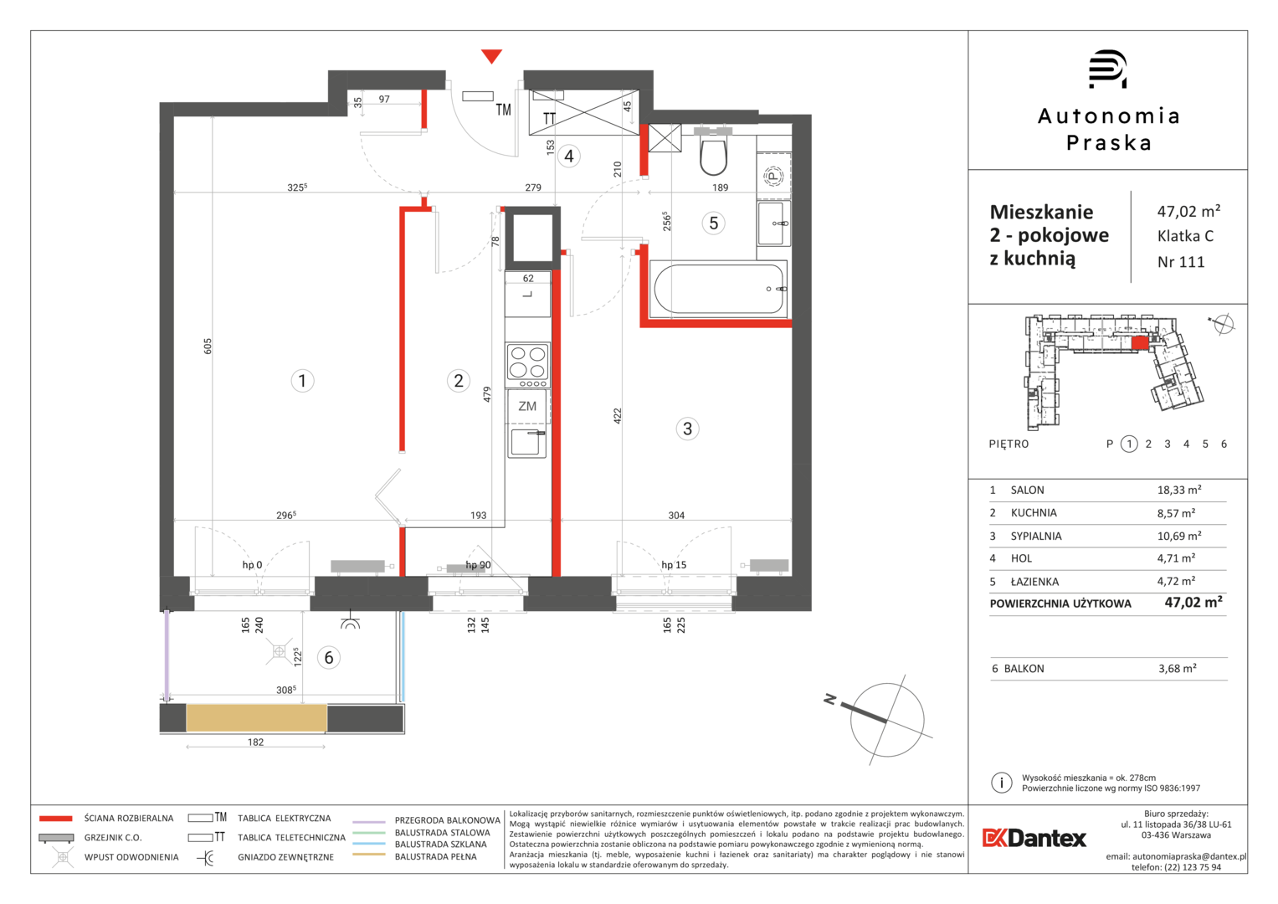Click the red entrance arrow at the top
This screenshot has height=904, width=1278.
(491, 55)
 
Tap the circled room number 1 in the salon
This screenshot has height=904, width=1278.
(302, 381)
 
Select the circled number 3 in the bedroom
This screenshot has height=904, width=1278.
(687, 429)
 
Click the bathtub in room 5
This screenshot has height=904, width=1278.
(719, 289)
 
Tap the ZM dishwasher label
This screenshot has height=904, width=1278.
(527, 406)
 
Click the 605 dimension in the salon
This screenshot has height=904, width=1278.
(208, 347)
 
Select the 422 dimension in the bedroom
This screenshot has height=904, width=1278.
(617, 415)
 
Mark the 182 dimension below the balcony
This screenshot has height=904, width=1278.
(255, 742)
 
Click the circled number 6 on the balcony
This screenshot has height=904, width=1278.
(329, 657)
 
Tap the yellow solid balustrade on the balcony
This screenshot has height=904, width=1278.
(256, 718)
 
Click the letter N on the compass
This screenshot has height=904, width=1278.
(830, 699)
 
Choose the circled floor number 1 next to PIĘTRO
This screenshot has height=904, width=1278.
(1129, 444)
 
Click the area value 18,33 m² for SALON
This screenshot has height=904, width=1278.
(1179, 490)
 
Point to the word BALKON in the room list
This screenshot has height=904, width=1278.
(1024, 669)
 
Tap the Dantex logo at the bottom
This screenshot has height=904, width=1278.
(1034, 838)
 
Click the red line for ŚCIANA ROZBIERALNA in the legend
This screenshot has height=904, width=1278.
(56, 819)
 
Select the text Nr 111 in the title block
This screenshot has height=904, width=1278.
(1181, 262)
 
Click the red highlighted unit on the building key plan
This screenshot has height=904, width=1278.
(1140, 342)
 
